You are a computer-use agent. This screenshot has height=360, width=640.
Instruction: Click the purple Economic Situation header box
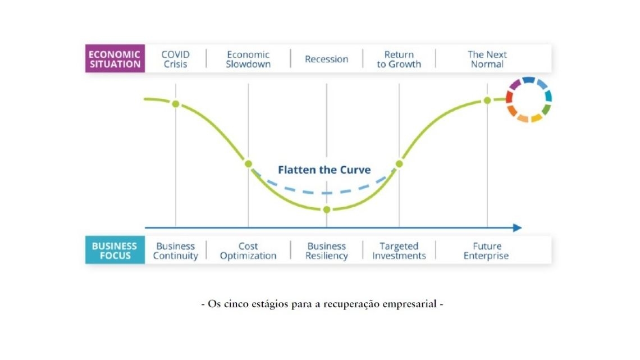point(115,58)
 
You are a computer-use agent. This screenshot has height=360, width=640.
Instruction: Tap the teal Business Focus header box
point(115,250)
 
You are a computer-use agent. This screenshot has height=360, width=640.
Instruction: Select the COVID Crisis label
point(176,59)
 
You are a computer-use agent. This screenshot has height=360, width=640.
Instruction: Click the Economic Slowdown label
point(248,59)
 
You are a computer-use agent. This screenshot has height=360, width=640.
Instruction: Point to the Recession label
point(327,59)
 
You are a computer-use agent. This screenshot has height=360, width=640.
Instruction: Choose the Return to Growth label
point(399,59)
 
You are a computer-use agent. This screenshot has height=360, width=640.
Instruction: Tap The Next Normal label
point(487,59)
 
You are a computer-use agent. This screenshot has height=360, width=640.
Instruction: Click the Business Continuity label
point(176,251)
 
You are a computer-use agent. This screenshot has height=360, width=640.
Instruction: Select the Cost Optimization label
point(248,251)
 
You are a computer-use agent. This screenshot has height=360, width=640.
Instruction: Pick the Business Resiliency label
point(327,251)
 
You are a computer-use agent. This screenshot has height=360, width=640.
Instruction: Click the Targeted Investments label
point(399,251)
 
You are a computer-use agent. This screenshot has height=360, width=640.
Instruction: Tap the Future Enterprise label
point(486,251)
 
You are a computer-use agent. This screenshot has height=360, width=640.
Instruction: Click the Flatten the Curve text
point(324,170)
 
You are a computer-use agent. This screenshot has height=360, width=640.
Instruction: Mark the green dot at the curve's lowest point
point(327,210)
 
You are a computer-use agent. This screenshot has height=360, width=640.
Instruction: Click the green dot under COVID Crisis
point(176,104)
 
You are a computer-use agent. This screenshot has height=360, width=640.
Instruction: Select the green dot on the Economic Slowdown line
point(248,163)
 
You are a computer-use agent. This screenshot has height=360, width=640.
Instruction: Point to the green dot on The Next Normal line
point(487,101)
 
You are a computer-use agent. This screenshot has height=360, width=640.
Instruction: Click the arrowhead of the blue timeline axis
point(518,228)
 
